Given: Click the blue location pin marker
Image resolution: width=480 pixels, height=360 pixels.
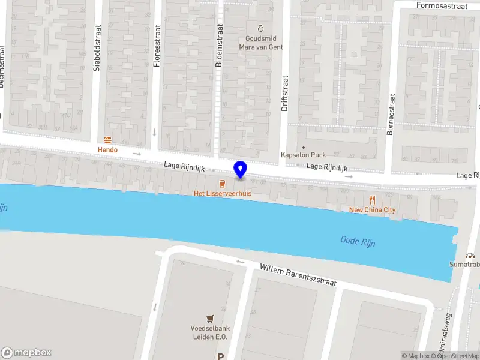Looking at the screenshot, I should click(x=241, y=169).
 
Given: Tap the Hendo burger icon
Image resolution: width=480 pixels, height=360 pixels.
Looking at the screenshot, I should click(x=108, y=139).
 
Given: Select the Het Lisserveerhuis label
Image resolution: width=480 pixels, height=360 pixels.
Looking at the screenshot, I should click(x=222, y=194).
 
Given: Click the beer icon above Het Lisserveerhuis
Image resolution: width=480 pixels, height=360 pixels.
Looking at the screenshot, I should click(x=223, y=184).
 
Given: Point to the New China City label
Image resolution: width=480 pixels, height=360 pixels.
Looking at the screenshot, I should click(x=373, y=209).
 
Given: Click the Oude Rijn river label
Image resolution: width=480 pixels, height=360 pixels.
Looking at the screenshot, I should click(x=358, y=241).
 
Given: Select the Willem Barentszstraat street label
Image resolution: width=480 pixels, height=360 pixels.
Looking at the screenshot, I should click(x=298, y=274).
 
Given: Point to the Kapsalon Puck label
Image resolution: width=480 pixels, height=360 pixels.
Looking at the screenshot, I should click(x=304, y=155).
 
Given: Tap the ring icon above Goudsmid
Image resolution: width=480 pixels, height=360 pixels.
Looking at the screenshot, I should click(x=260, y=28).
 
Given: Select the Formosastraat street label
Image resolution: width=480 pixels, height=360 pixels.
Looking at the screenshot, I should click(x=442, y=5).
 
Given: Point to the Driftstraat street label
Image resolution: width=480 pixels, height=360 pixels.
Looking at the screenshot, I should click(x=285, y=93).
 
